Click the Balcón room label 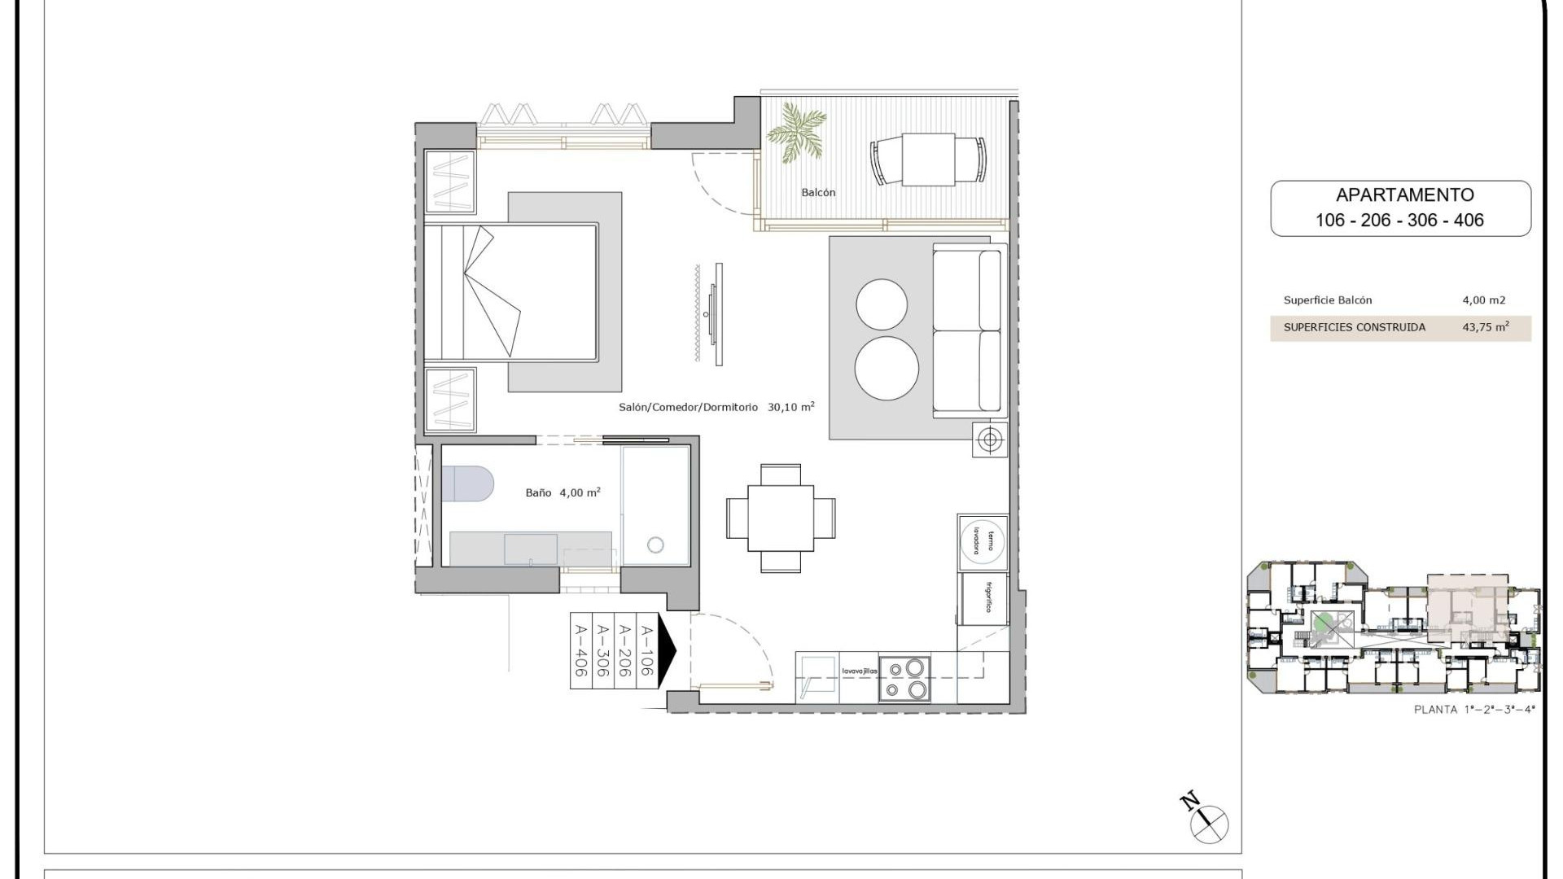coord(818,193)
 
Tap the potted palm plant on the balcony coord(795,133)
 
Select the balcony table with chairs coord(928,160)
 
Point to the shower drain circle coord(655,545)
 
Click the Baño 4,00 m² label coord(563,492)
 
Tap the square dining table coord(781,518)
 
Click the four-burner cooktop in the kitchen coord(904,679)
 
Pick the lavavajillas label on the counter coord(859,671)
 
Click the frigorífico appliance coord(984,598)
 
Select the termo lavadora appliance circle coord(983,540)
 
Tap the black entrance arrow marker coord(666,649)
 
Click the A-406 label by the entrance coord(581,649)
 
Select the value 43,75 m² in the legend coord(1485,327)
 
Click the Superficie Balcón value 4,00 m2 coord(1483,300)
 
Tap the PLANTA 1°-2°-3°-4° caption coord(1473,710)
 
